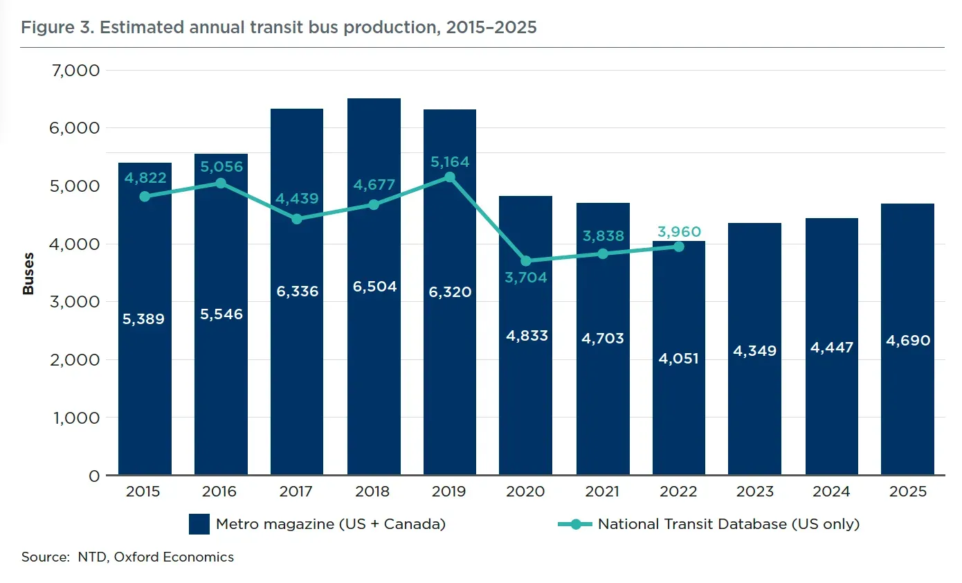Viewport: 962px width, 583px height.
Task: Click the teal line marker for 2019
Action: pos(450,177)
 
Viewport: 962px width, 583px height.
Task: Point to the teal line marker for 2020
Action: pos(526,261)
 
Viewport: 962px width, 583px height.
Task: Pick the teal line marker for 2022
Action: pos(679,246)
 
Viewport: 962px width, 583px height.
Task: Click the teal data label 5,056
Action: pos(221,166)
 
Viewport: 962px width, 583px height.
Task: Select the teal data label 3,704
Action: pos(526,278)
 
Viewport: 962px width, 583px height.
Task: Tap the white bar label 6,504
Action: pos(374,287)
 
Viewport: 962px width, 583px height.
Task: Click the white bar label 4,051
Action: pos(678,358)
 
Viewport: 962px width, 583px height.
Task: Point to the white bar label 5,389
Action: pos(143,319)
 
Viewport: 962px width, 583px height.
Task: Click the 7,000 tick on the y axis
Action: pos(75,71)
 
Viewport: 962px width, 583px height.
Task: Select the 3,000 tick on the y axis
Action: pos(75,302)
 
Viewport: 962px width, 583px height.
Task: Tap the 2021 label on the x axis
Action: pos(601,491)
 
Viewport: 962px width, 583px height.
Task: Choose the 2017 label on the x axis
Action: pos(296,491)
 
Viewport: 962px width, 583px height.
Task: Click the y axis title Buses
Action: pos(28,273)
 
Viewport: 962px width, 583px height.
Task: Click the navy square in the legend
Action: pos(199,523)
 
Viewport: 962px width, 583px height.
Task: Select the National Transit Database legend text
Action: pos(729,524)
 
